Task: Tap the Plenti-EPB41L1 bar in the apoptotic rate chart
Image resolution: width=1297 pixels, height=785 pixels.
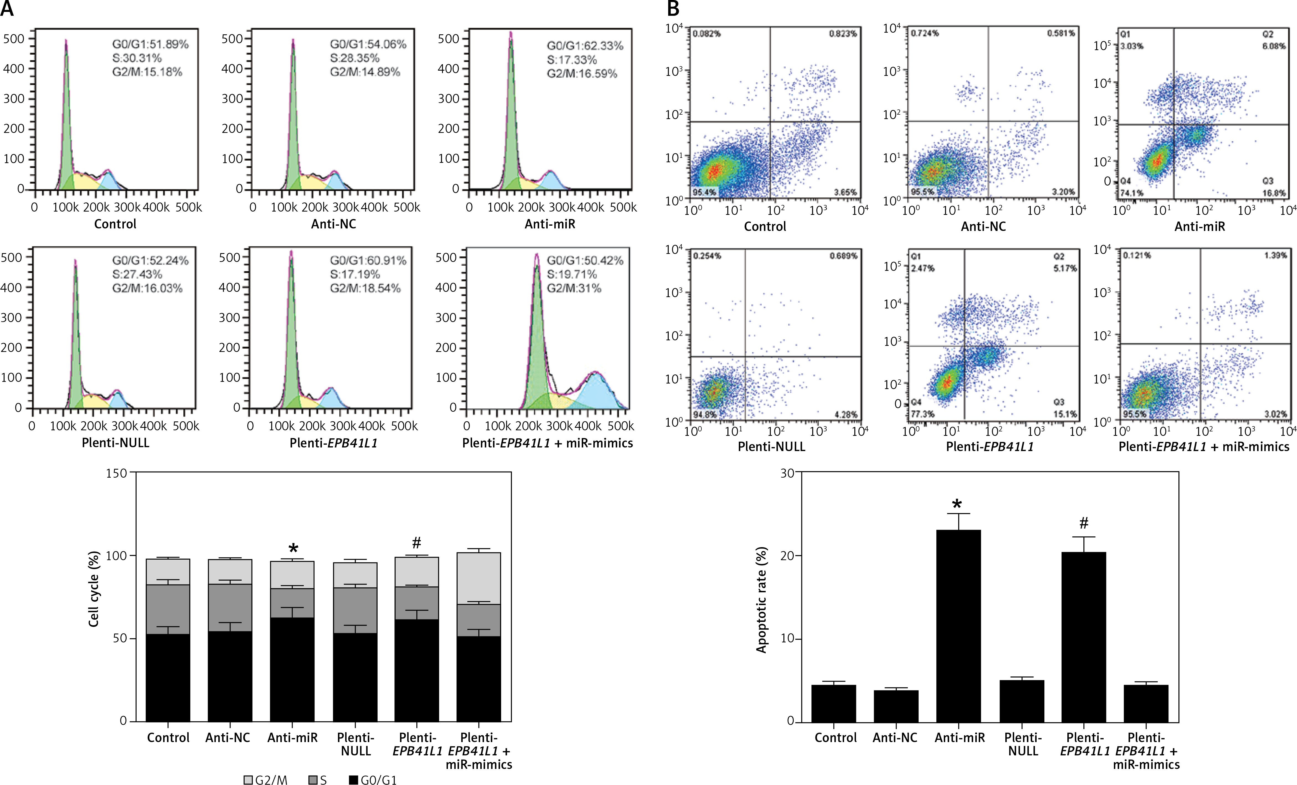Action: point(1083,637)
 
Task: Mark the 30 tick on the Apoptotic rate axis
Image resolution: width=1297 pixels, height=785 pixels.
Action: point(787,472)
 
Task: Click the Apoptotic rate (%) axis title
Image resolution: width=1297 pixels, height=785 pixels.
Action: point(761,600)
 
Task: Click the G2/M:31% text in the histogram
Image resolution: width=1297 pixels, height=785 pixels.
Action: point(574,288)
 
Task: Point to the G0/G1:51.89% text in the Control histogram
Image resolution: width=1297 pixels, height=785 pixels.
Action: point(150,44)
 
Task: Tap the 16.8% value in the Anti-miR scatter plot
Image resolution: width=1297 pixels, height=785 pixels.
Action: point(1274,193)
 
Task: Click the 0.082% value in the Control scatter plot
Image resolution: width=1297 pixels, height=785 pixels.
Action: point(706,34)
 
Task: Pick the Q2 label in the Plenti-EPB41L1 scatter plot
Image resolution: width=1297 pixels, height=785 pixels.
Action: point(1058,256)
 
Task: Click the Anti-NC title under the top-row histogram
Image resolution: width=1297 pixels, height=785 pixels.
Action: point(333,224)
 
